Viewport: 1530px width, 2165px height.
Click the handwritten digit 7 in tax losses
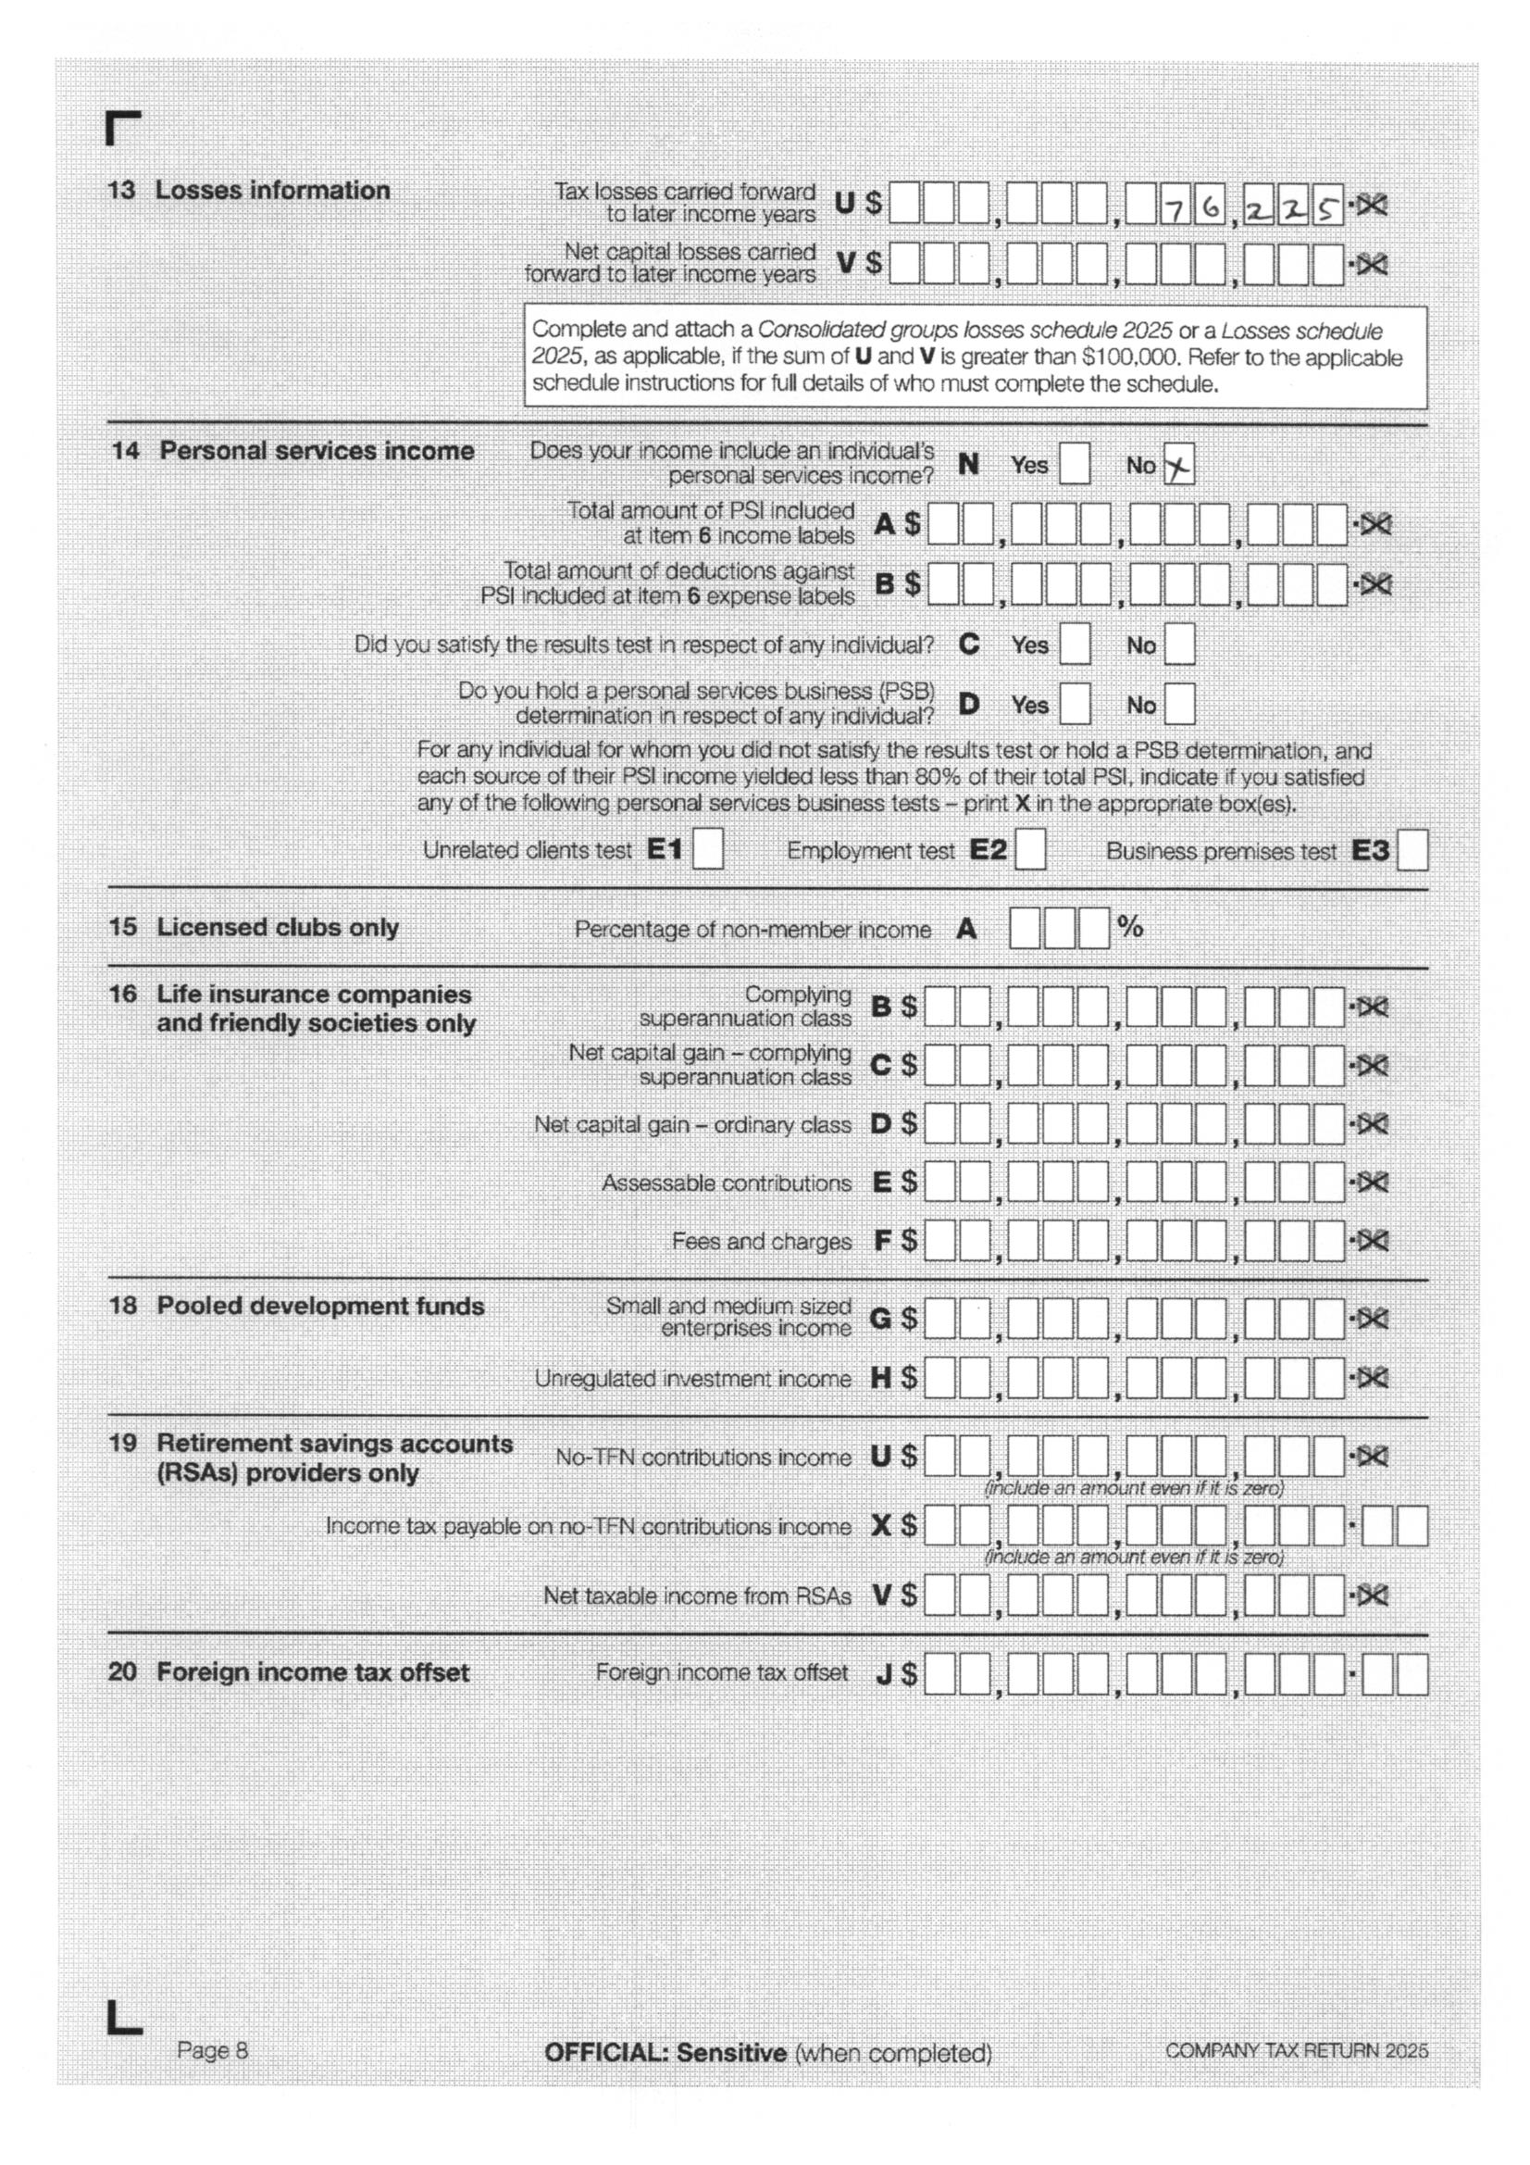[1174, 206]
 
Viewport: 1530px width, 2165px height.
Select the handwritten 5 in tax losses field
[1327, 206]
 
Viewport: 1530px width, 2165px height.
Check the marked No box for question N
[1178, 466]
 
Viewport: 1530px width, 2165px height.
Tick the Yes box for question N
[1075, 465]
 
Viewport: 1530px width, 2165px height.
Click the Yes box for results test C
[1075, 645]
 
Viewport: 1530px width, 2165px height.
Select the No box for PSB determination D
[1179, 705]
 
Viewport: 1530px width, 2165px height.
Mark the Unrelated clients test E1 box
[708, 849]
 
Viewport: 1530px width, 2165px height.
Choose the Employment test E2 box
[1030, 849]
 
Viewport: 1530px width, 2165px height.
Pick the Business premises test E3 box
[1412, 850]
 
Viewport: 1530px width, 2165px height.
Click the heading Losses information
[272, 191]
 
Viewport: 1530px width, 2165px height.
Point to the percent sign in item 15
[1130, 927]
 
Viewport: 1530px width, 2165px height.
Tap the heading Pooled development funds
[319, 1306]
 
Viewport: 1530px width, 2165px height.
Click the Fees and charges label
[761, 1242]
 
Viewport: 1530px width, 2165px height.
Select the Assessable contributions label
[726, 1183]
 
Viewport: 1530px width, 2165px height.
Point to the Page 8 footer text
[212, 2051]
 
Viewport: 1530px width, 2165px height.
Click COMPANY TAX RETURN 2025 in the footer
[1296, 2051]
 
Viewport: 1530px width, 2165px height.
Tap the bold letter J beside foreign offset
[884, 1672]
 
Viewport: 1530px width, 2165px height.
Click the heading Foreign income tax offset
[312, 1672]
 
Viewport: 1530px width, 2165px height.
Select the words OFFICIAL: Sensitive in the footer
[665, 2053]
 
